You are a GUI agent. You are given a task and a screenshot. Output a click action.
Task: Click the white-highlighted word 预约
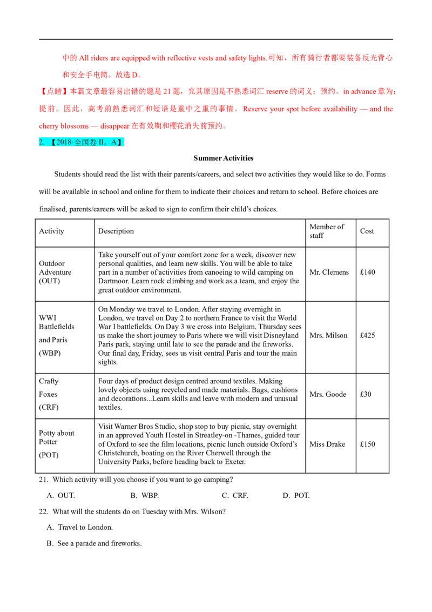328,90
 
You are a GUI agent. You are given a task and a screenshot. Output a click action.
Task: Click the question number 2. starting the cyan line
42,142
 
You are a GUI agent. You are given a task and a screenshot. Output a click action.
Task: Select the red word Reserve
254,109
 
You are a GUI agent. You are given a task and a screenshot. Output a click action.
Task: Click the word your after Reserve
275,109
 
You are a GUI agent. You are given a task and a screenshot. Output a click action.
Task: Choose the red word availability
340,109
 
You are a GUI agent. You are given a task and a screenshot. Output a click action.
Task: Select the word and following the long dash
375,109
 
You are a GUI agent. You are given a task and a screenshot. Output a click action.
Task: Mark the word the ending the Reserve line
388,109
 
